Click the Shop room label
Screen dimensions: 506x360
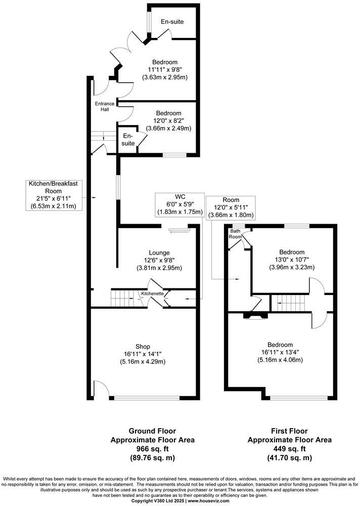(143, 347)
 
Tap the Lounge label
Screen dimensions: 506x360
(159, 252)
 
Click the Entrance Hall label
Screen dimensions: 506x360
(105, 107)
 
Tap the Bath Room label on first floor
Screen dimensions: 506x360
(235, 234)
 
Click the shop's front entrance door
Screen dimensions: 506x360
(100, 389)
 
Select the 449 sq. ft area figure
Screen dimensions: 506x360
(289, 449)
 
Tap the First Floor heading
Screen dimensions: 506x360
(289, 432)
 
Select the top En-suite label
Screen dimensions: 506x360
(172, 22)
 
